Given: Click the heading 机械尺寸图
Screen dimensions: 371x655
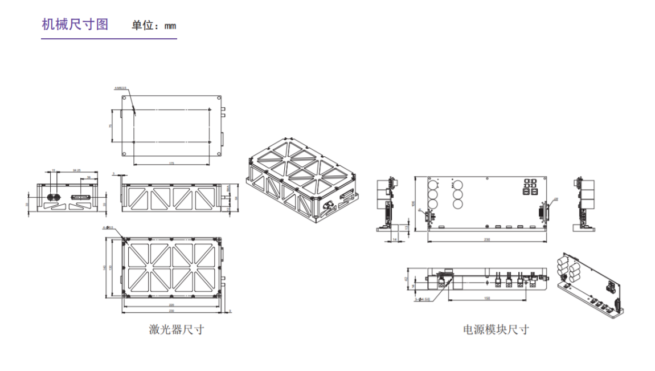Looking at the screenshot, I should (75, 25).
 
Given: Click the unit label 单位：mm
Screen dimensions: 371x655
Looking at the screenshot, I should (154, 26).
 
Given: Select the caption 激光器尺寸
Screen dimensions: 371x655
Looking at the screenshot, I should (176, 329).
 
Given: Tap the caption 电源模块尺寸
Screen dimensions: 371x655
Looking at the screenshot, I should (496, 329).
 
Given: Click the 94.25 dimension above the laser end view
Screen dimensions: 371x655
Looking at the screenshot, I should (76, 170).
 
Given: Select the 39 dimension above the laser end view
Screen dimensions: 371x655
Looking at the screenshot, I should (88, 178).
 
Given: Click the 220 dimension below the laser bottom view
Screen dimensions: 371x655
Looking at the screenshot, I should (171, 305).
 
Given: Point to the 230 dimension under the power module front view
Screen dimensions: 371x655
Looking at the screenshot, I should (486, 240).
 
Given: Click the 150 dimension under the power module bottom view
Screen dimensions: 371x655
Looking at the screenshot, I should (487, 298).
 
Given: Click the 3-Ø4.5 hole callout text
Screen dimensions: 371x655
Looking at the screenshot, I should (421, 298).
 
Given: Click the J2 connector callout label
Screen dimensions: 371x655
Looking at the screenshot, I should (556, 199).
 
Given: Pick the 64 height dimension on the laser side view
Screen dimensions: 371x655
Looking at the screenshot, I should (236, 198).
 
